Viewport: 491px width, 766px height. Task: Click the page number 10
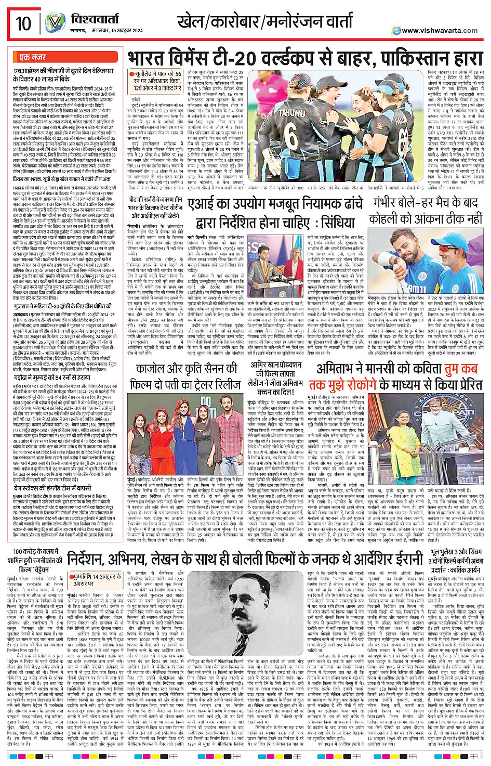(x=23, y=24)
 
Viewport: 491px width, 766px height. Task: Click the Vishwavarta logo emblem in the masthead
(x=55, y=23)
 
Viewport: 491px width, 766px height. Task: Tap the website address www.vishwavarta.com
(x=440, y=31)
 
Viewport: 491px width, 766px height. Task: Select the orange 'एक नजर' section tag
(x=32, y=57)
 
